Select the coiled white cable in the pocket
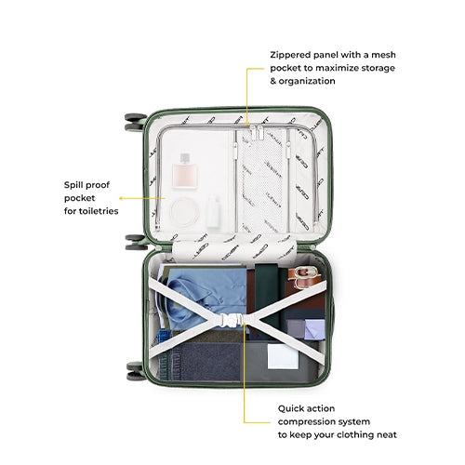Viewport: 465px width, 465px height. click(185, 212)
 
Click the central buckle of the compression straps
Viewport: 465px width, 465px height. click(231, 320)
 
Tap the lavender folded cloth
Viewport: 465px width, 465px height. click(314, 329)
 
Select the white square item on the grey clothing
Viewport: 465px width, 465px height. click(283, 357)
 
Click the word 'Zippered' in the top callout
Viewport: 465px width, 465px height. click(290, 55)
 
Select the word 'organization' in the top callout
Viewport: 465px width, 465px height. click(307, 81)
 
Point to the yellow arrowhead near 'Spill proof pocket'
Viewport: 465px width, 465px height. click(121, 198)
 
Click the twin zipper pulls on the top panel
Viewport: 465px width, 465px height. click(257, 132)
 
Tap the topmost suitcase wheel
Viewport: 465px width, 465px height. click(136, 117)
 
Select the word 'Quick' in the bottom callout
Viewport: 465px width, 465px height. click(290, 409)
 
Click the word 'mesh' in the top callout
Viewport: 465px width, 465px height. click(383, 55)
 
